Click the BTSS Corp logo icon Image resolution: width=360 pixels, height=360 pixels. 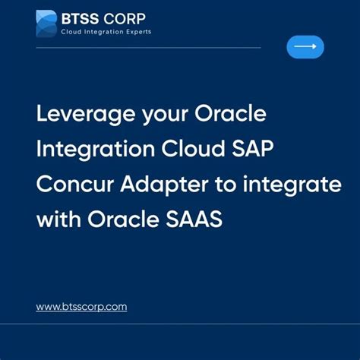coord(47,24)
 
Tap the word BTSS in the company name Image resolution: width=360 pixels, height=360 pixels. coord(79,17)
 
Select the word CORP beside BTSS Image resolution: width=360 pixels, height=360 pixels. coord(125,17)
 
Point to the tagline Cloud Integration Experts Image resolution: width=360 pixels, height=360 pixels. coord(106,32)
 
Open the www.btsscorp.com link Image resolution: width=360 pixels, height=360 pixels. coord(81,307)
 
